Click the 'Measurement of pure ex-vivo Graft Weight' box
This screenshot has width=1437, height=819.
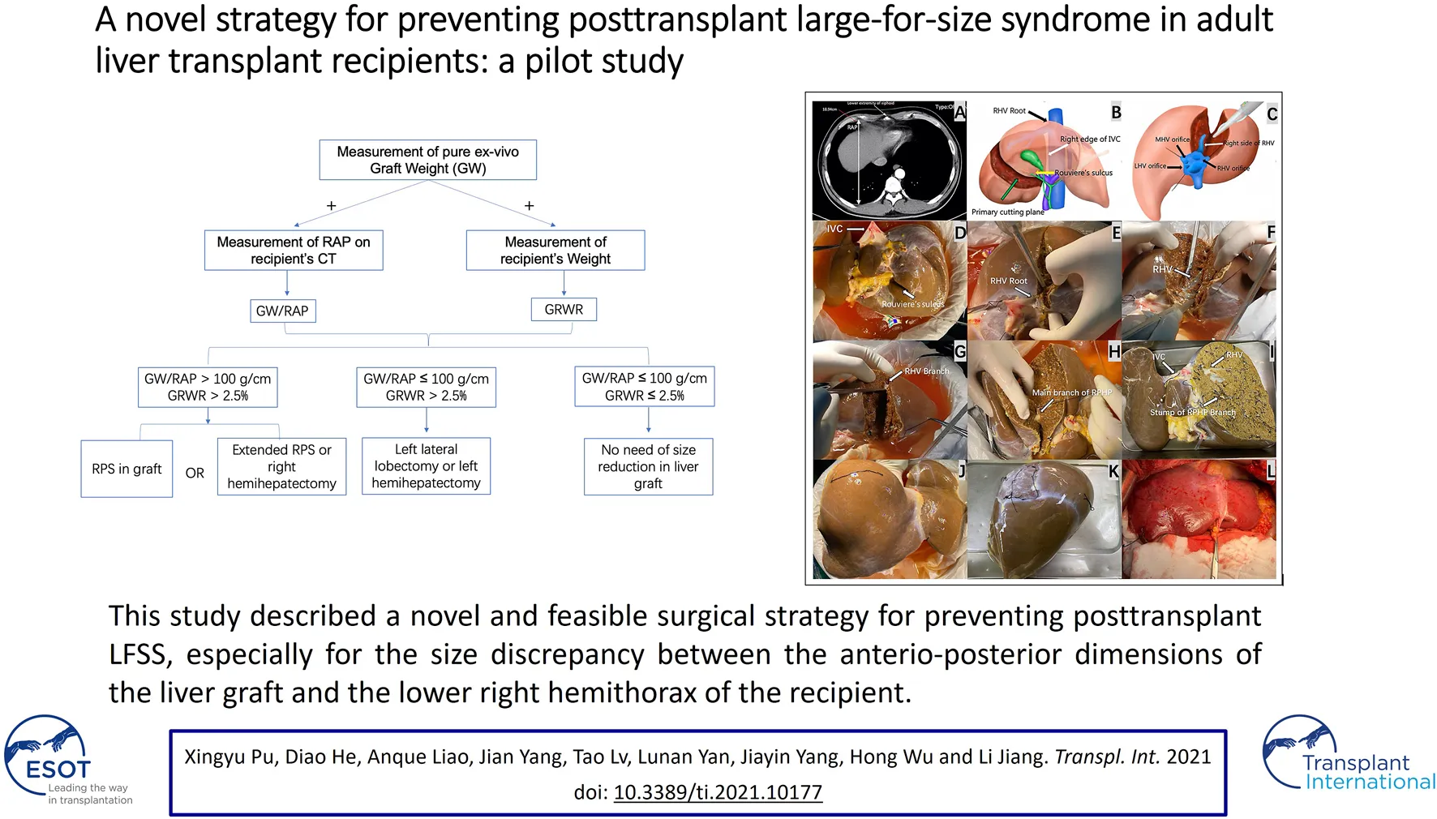[x=427, y=160]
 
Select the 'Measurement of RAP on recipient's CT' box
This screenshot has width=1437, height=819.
[x=294, y=250]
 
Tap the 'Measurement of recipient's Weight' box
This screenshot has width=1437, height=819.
[x=555, y=250]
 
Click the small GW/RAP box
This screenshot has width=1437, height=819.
[x=282, y=311]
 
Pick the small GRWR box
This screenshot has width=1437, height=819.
[x=564, y=309]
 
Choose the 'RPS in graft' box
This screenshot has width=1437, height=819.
[x=127, y=469]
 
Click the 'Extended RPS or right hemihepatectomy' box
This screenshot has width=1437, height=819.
[x=281, y=466]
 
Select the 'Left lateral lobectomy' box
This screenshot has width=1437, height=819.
[x=426, y=465]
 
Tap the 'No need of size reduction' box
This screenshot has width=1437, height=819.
[x=648, y=466]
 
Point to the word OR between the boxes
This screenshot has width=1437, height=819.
[x=195, y=473]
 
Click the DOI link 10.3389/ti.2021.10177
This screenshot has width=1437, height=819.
[x=718, y=792]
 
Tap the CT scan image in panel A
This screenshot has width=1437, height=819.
[x=889, y=161]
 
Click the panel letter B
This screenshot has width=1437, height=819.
[x=1116, y=113]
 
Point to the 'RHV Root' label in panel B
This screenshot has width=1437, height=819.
[x=1009, y=111]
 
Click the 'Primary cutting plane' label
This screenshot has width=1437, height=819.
[x=1007, y=212]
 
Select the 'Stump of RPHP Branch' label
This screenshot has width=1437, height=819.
[x=1192, y=413]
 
